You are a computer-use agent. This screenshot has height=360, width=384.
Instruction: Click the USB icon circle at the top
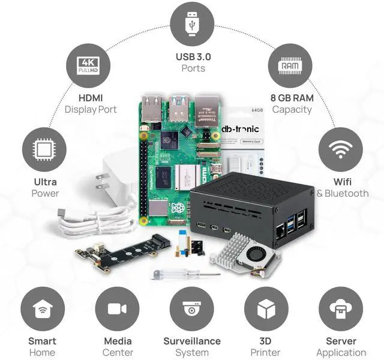click(x=192, y=24)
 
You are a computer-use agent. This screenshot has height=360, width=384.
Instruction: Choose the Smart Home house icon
click(x=43, y=310)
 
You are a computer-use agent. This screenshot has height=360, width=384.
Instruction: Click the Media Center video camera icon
click(x=117, y=310)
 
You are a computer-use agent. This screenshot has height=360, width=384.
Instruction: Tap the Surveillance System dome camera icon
click(x=192, y=310)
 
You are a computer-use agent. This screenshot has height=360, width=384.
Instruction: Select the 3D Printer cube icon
click(x=266, y=310)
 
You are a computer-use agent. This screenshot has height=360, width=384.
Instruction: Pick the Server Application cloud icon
click(x=341, y=310)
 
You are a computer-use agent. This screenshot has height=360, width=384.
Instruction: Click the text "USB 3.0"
click(x=193, y=57)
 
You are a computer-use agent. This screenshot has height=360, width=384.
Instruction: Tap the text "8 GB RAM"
click(x=292, y=98)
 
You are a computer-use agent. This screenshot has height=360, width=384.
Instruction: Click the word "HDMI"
click(x=91, y=98)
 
